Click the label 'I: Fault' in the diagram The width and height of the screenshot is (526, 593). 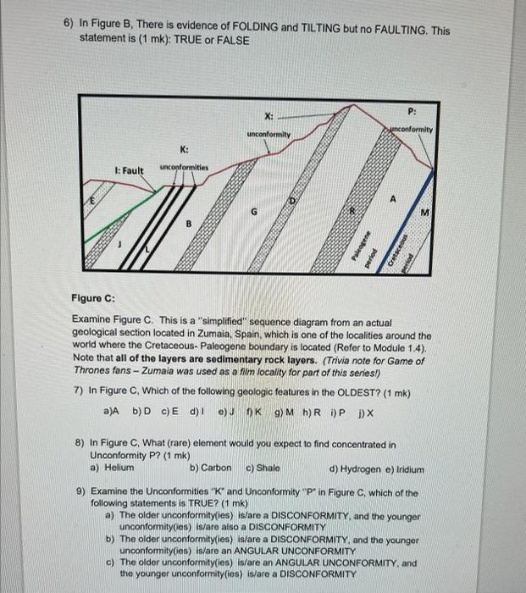pos(128,170)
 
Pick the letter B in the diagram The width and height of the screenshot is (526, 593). pos(188,224)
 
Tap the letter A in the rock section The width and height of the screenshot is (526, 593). pos(392,200)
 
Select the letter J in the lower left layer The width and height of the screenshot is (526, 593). pos(120,243)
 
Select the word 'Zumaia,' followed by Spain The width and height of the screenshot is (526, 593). pos(253,335)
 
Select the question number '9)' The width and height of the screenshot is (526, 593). pos(81,492)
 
